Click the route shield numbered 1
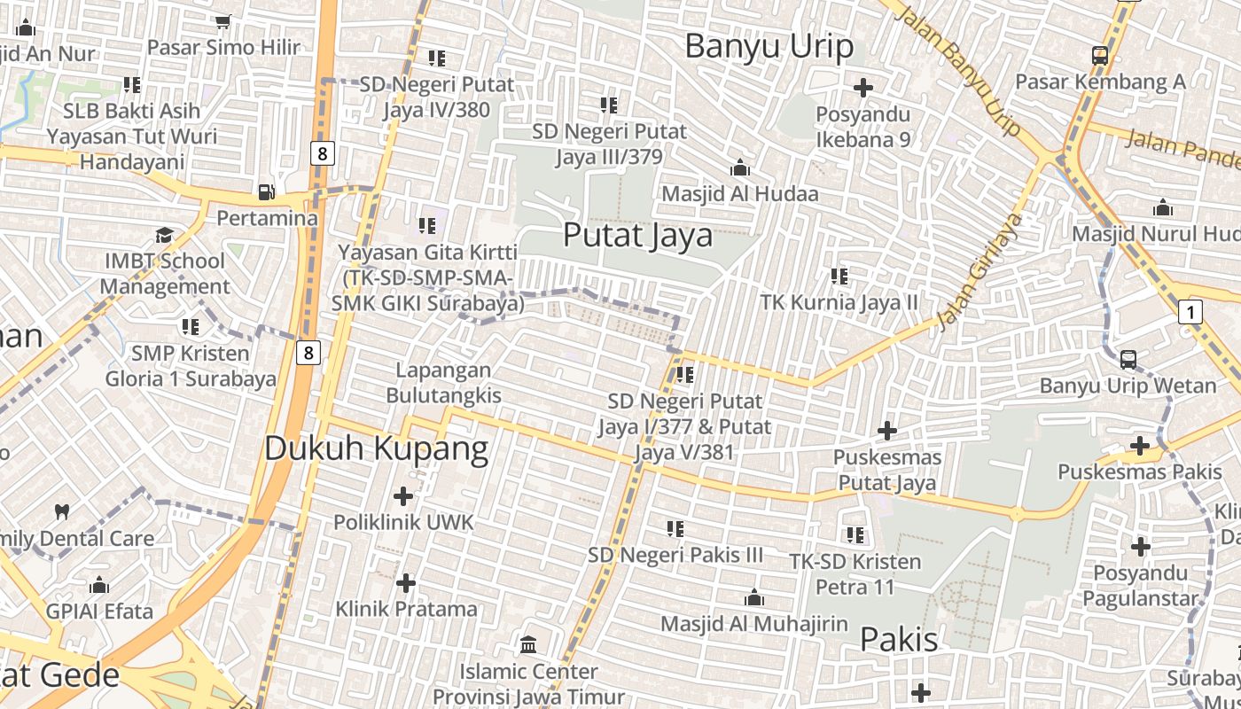pyautogui.click(x=1190, y=312)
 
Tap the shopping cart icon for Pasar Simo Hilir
pyautogui.click(x=223, y=21)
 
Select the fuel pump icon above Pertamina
pyautogui.click(x=266, y=191)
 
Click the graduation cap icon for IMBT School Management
pyautogui.click(x=165, y=235)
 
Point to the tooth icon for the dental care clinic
pyautogui.click(x=62, y=511)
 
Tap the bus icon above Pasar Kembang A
pyautogui.click(x=1099, y=56)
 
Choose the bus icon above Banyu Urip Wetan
pyautogui.click(x=1128, y=359)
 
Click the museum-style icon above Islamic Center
pyautogui.click(x=528, y=644)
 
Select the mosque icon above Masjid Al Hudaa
pyautogui.click(x=739, y=168)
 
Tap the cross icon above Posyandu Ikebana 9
pyautogui.click(x=862, y=88)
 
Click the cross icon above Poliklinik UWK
pyautogui.click(x=403, y=495)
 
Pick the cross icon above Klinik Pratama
pyautogui.click(x=405, y=583)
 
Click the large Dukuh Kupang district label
pyautogui.click(x=376, y=448)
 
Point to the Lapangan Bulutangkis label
pyautogui.click(x=443, y=383)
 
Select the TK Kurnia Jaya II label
pyautogui.click(x=839, y=302)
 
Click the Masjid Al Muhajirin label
pyautogui.click(x=754, y=623)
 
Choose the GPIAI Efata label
pyautogui.click(x=99, y=611)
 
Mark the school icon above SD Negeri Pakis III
pyautogui.click(x=675, y=529)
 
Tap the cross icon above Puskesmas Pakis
pyautogui.click(x=1140, y=446)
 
